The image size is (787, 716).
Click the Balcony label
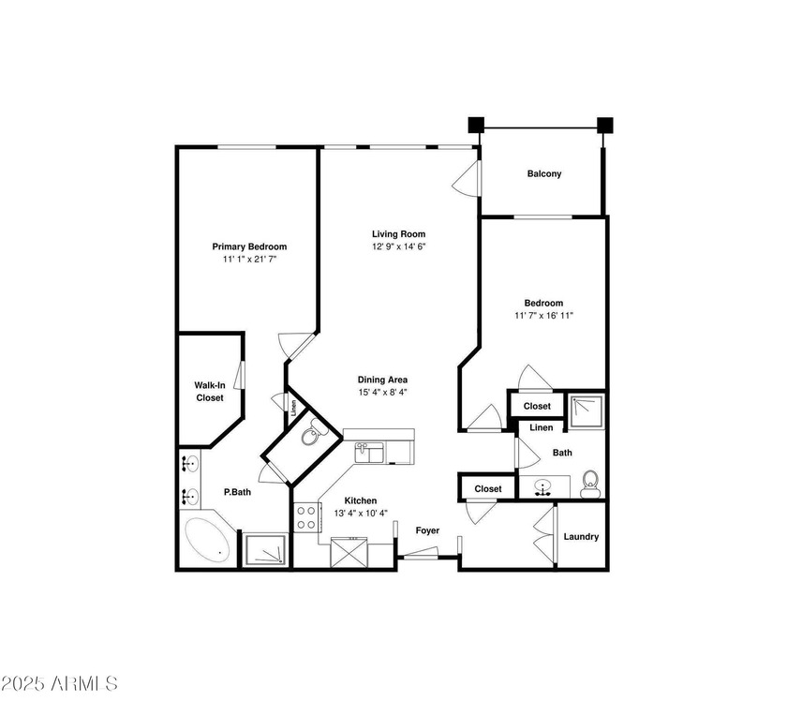[543, 173]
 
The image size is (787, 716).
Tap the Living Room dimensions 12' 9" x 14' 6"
[398, 246]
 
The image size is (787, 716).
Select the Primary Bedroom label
[248, 246]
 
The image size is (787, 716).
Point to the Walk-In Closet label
[209, 391]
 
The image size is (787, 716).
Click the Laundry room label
[581, 537]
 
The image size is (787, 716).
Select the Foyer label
[427, 530]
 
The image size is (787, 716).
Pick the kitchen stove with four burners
[307, 517]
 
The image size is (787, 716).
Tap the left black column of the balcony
[476, 124]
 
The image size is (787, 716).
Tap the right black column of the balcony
[604, 124]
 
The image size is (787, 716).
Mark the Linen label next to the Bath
[541, 427]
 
